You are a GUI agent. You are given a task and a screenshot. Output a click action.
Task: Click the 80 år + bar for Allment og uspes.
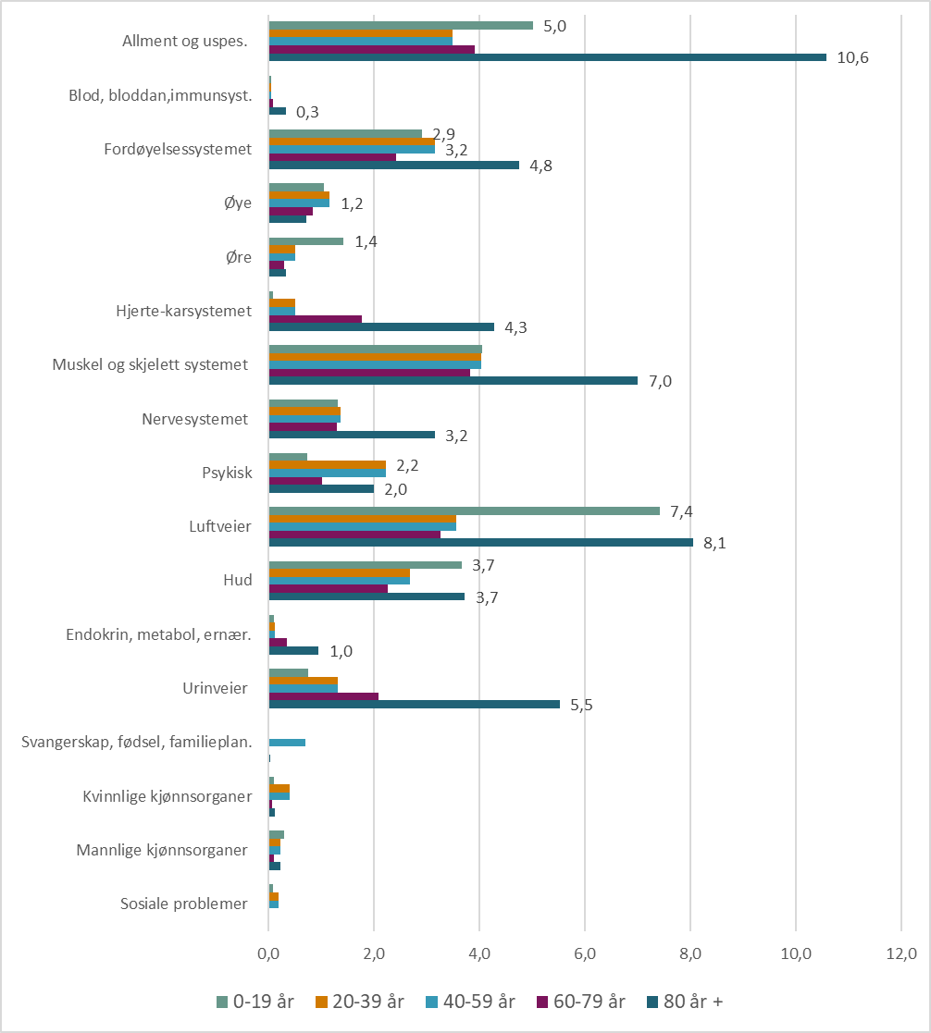point(547,57)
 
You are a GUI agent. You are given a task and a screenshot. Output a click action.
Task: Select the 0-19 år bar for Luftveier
point(464,510)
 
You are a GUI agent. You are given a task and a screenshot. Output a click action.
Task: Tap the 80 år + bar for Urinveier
point(414,704)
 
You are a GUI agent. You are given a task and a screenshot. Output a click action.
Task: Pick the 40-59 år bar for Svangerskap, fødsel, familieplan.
point(287,743)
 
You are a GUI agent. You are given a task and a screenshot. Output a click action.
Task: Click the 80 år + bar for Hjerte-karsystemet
point(381,326)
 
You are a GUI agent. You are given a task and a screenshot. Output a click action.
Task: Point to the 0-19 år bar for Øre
point(305,241)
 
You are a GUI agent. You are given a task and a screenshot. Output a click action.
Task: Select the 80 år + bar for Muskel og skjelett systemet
point(453,380)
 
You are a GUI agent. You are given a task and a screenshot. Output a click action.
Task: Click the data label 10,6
point(852,57)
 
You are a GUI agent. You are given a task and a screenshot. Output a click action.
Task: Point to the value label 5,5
point(581,705)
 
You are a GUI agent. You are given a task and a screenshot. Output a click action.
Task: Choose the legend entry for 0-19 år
point(254,1001)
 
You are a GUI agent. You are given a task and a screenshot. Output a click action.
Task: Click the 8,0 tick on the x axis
point(690,953)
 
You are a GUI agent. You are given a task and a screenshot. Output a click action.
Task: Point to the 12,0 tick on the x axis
point(900,953)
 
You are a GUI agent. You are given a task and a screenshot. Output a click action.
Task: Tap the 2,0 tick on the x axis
point(374,953)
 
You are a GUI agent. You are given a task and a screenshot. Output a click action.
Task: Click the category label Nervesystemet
point(195,419)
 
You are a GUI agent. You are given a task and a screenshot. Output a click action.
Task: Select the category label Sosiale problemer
point(184,904)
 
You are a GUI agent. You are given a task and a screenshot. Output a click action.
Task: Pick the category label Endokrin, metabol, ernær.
point(159,635)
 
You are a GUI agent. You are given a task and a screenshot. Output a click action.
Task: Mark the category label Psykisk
point(227,473)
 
